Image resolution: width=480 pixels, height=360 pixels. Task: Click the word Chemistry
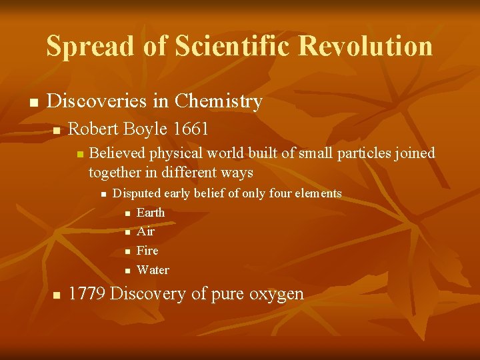(218, 102)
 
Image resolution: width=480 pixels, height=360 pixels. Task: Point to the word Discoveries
(97, 101)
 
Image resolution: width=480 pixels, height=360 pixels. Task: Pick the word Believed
(117, 153)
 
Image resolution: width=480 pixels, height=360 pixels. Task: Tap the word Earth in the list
(150, 213)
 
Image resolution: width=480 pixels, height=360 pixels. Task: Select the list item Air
(145, 232)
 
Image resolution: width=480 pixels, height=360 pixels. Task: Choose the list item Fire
(147, 251)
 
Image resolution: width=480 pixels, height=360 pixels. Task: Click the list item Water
(153, 270)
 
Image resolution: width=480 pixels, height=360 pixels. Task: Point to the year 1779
(87, 294)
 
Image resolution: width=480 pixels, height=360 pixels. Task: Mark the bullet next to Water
(128, 271)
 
